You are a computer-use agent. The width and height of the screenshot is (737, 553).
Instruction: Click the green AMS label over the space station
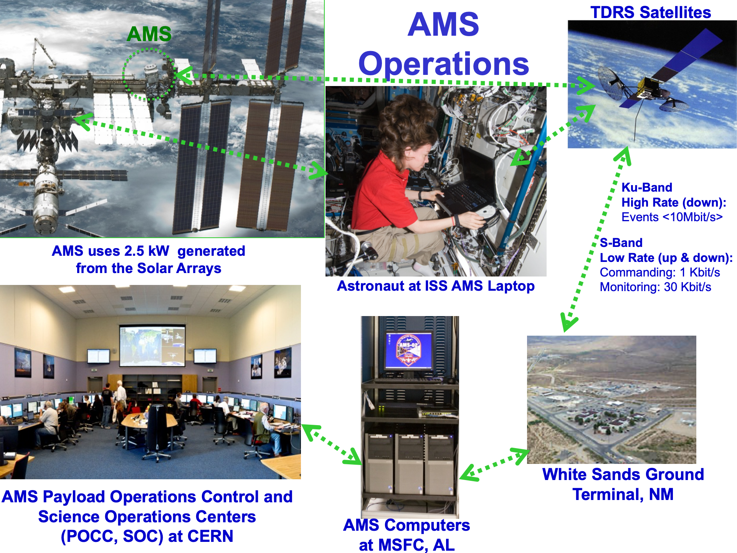pos(149,34)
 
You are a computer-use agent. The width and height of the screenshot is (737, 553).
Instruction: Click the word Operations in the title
pos(443,64)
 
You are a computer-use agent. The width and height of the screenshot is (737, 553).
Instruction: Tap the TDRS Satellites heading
pos(651,12)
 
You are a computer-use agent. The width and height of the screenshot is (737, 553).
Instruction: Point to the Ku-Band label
pos(647,187)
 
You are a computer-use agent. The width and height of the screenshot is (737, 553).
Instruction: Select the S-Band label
pos(621,243)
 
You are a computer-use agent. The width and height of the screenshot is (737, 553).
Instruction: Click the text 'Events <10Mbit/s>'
pos(672,217)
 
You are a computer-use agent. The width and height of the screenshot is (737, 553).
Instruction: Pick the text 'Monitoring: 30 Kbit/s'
pos(655,287)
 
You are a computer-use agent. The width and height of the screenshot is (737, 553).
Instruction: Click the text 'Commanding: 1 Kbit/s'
pos(660,272)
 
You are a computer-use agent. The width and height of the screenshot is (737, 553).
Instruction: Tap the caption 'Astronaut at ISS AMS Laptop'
pos(436,286)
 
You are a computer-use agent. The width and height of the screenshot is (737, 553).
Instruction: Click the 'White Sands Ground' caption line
pos(623,474)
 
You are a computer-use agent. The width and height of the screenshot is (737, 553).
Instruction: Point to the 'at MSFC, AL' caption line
pos(407,545)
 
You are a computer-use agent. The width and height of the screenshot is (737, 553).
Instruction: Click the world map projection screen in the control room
pos(152,346)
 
